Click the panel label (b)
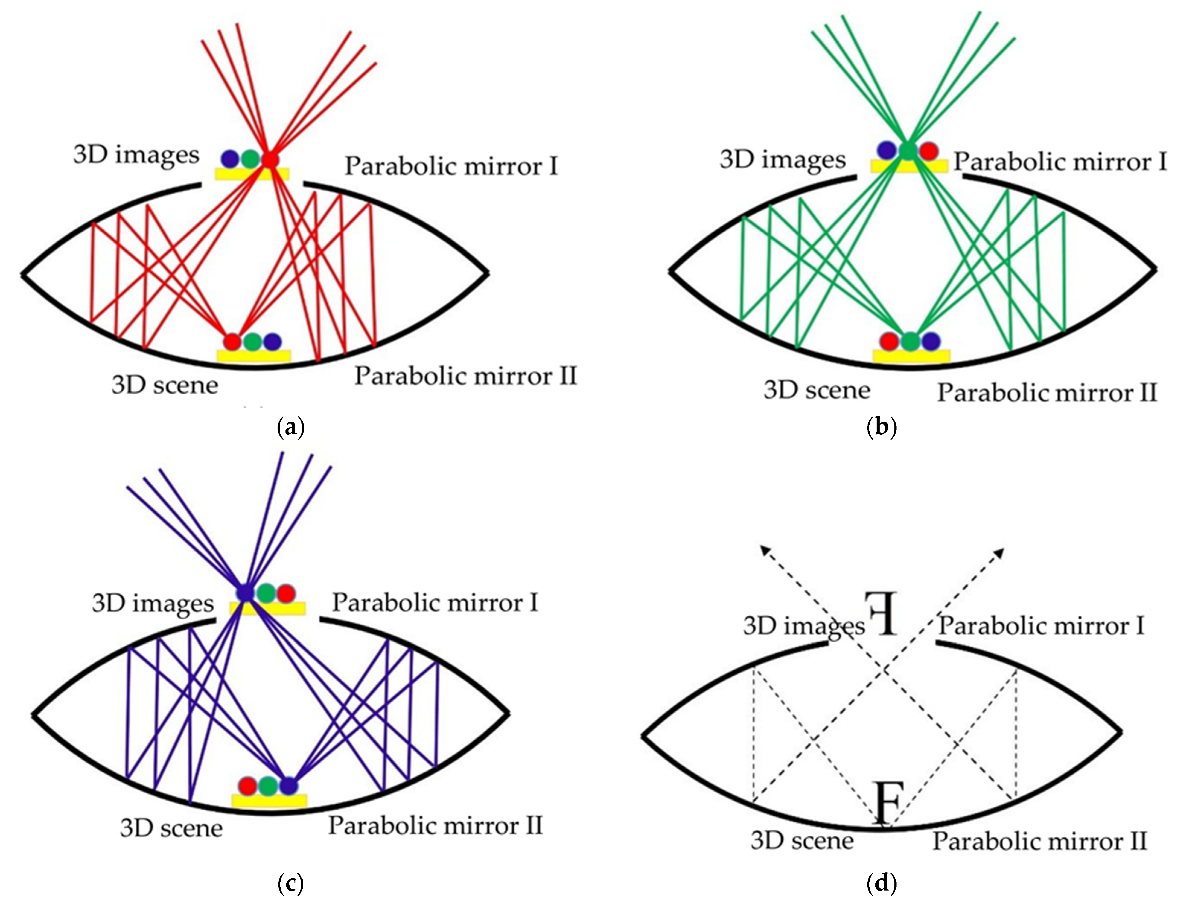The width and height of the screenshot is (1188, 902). click(x=882, y=428)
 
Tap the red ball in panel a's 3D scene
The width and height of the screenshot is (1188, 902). click(x=232, y=341)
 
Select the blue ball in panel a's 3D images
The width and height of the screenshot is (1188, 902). click(x=230, y=158)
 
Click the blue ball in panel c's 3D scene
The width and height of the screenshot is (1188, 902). click(x=288, y=786)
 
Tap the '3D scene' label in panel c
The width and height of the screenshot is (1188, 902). click(x=171, y=828)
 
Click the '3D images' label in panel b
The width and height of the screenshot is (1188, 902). click(x=782, y=160)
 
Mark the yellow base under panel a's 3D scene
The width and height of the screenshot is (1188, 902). click(x=253, y=355)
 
